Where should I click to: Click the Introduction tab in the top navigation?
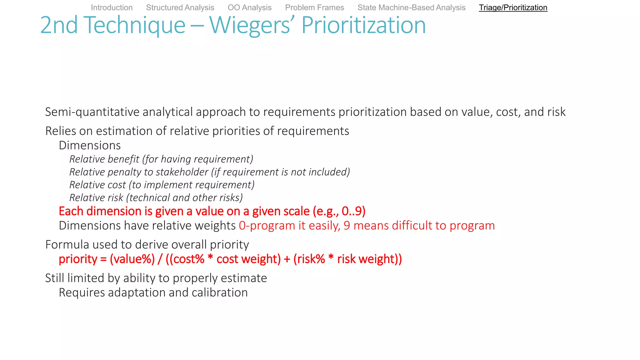[112, 7]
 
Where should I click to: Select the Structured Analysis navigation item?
[180, 7]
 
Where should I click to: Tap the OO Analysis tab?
[249, 7]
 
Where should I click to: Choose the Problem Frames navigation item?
[314, 7]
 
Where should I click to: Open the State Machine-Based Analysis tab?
[411, 7]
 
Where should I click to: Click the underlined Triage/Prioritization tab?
[513, 7]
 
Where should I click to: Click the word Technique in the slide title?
[134, 25]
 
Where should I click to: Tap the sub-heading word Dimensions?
[90, 145]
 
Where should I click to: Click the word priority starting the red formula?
[78, 259]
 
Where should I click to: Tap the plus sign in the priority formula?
[287, 259]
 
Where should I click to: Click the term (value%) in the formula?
[132, 259]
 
